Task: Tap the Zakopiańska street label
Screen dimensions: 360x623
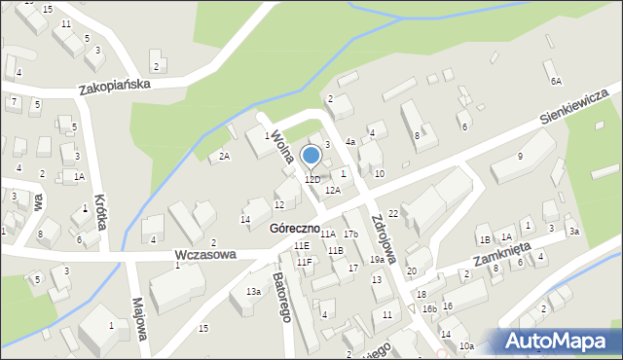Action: pos(115,86)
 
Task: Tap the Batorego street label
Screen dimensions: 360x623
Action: pos(284,291)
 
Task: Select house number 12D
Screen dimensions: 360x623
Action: pos(311,180)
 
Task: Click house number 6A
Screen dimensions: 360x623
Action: pos(556,82)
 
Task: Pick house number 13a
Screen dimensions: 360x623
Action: pos(253,292)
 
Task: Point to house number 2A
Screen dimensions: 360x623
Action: pos(224,157)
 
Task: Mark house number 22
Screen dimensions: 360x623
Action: pos(393,213)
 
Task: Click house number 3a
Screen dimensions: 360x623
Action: pos(574,232)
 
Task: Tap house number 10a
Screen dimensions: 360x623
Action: pos(466,346)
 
